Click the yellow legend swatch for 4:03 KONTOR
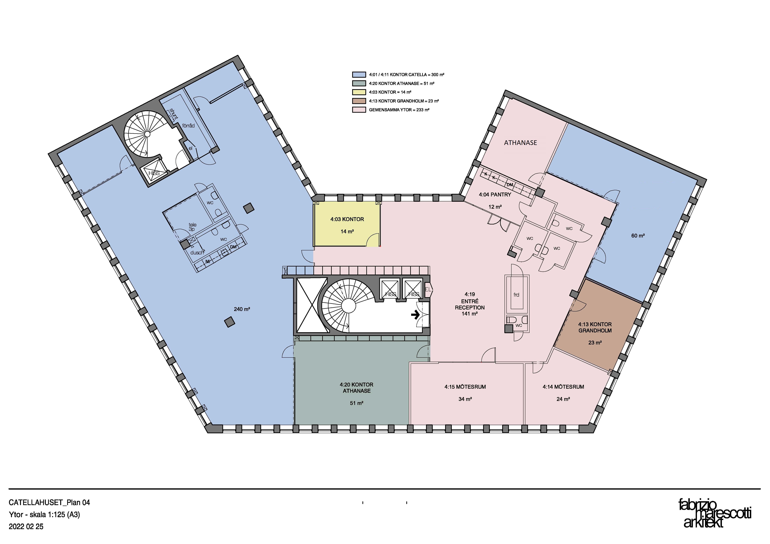tap(359, 92)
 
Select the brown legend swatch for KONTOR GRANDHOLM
tap(359, 101)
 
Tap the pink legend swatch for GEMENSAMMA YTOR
tap(359, 110)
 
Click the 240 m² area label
tap(242, 309)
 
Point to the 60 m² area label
tap(638, 236)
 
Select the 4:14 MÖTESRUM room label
tap(563, 387)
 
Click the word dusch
tap(197, 252)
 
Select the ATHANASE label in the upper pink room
tap(521, 143)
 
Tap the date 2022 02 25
tap(26, 527)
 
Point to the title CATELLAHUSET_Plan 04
tap(49, 502)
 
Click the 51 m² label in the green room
tap(357, 403)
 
